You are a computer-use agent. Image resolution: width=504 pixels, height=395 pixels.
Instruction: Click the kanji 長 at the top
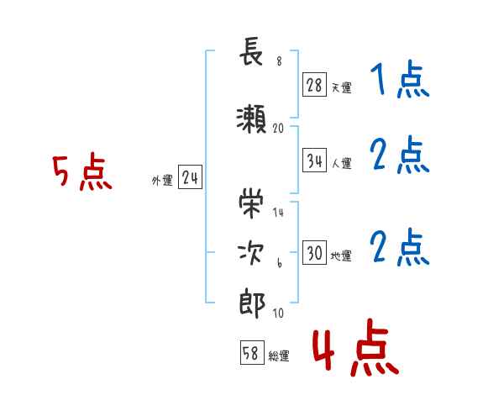click(x=251, y=51)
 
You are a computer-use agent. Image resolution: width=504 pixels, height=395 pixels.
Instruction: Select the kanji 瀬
click(x=251, y=119)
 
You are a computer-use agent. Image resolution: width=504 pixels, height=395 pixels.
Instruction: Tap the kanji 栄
click(x=251, y=203)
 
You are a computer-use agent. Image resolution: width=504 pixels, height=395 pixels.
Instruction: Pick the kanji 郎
click(x=252, y=303)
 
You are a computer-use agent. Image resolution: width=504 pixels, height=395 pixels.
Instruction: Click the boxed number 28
click(x=314, y=85)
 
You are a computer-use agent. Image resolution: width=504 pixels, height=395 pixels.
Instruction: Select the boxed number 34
click(x=314, y=161)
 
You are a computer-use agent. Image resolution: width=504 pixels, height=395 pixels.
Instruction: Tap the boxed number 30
click(x=314, y=252)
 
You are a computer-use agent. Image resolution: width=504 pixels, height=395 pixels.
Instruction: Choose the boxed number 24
click(x=190, y=177)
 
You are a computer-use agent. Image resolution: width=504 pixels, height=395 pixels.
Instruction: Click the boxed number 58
click(x=252, y=352)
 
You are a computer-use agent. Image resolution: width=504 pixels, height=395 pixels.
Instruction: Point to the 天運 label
click(x=341, y=87)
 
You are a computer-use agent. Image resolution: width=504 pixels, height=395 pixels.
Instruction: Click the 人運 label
click(x=341, y=163)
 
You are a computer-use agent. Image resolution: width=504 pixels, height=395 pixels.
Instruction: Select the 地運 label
click(x=341, y=255)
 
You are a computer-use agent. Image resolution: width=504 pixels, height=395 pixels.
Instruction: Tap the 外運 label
click(x=162, y=181)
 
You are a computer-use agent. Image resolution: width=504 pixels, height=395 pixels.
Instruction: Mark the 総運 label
click(x=279, y=355)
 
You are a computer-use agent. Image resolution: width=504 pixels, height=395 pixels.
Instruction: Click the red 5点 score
click(x=82, y=171)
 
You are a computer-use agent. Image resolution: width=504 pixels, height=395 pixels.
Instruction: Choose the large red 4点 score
click(x=355, y=347)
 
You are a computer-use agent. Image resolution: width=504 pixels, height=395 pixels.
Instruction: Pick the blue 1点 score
click(x=400, y=79)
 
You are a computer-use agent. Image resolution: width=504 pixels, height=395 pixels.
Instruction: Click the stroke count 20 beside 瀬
click(x=278, y=129)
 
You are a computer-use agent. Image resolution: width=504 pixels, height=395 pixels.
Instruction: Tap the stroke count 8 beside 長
click(x=279, y=61)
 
